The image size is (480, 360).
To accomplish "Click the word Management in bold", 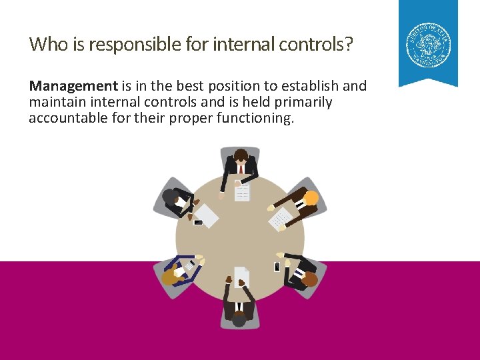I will point(73,86).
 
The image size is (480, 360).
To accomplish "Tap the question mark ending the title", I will point(349,45).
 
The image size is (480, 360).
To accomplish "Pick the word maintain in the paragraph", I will point(57,102).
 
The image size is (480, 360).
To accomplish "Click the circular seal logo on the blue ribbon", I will point(429,45).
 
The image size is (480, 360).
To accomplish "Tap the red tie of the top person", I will point(241,169).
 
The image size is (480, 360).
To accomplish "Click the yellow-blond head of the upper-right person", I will point(311,198).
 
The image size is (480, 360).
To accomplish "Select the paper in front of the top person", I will point(242,192).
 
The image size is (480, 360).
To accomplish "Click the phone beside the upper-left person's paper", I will point(198,223).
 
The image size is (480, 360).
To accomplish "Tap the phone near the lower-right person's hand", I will point(277,267).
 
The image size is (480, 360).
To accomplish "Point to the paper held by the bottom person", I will point(241,276).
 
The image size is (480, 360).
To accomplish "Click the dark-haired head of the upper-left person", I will point(169,197).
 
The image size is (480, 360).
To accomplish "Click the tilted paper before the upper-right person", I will point(281,218).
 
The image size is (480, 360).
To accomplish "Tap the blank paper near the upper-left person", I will point(206,215).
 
